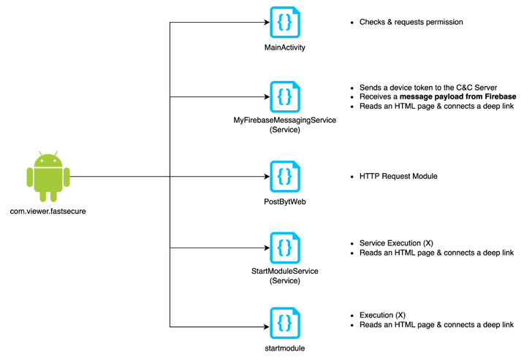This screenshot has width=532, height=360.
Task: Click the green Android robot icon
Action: pos(47,177)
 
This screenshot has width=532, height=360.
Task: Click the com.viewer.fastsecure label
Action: pos(48,212)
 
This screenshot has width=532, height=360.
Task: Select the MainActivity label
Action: pos(284,47)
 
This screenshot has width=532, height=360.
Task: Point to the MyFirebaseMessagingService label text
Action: pos(284,120)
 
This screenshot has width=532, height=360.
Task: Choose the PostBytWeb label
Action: pos(284,201)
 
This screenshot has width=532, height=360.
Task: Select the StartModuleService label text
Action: pos(284,271)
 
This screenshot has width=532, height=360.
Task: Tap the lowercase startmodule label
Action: pos(284,348)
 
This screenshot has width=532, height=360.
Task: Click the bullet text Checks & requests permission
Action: pos(411,23)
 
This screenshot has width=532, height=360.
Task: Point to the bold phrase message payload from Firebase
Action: pos(457,96)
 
